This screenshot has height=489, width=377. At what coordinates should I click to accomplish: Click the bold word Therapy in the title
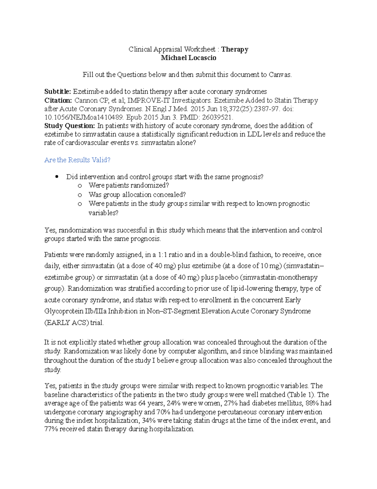point(235,49)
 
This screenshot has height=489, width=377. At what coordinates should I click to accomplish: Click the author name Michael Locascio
point(188,58)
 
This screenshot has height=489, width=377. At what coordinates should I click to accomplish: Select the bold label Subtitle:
point(58,92)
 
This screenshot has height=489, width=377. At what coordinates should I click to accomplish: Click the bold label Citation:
point(58,100)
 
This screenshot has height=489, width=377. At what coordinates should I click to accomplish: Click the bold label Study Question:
point(69,126)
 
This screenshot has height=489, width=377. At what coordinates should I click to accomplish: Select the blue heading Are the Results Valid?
point(77,160)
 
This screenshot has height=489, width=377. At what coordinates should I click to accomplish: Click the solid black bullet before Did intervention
point(57,177)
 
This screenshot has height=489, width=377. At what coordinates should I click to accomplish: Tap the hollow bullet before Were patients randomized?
point(80,186)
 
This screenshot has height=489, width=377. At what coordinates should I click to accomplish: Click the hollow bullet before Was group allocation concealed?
point(80,195)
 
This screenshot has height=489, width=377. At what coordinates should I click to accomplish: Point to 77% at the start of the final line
point(51,429)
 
